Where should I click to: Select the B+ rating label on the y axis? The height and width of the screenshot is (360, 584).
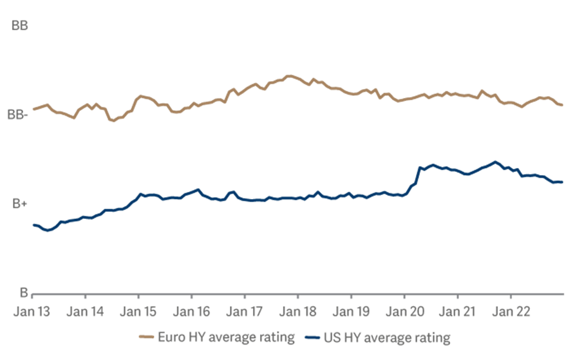click(x=19, y=204)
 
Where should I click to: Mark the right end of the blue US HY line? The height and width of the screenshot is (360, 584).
click(x=563, y=182)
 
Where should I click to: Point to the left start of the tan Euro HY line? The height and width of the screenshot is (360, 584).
click(x=33, y=109)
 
